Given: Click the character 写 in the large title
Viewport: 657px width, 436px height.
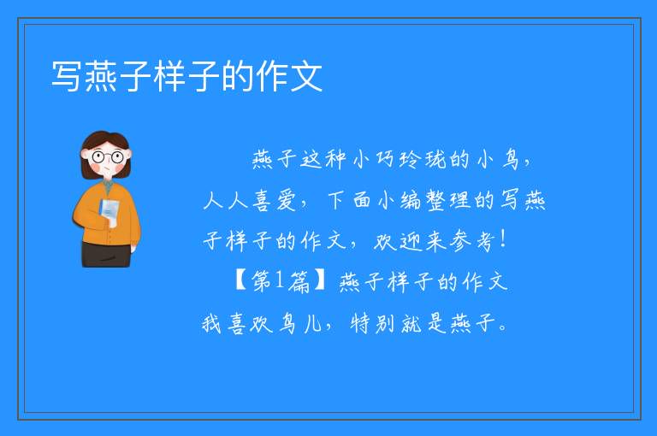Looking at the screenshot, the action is coord(66,76).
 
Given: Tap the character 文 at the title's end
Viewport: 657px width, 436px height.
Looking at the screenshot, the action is coord(307,76).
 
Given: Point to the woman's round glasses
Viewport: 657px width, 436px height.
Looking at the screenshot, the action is coord(108,157).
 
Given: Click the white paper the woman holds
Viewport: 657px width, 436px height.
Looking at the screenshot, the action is coord(109,209).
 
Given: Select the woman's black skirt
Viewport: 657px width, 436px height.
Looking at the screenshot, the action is coord(106,254).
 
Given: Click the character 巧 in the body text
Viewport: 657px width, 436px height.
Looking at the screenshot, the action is coord(385,160).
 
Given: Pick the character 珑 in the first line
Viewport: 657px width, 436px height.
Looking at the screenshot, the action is coord(435,160).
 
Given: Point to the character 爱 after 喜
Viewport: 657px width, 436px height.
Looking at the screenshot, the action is coord(287,200).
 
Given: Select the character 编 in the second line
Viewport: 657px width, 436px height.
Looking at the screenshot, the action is coord(411,200).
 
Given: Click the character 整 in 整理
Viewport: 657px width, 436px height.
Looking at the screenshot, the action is coord(435,200).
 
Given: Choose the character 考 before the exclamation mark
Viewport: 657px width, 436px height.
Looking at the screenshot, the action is coord(485,241).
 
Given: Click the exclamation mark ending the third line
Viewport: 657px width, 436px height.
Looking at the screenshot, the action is coord(503,240).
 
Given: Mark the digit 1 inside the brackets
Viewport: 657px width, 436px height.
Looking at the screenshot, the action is coord(280,280).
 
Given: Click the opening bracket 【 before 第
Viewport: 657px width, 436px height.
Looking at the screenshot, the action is coord(241,281).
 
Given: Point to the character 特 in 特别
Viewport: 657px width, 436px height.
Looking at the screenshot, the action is coord(360,323).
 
